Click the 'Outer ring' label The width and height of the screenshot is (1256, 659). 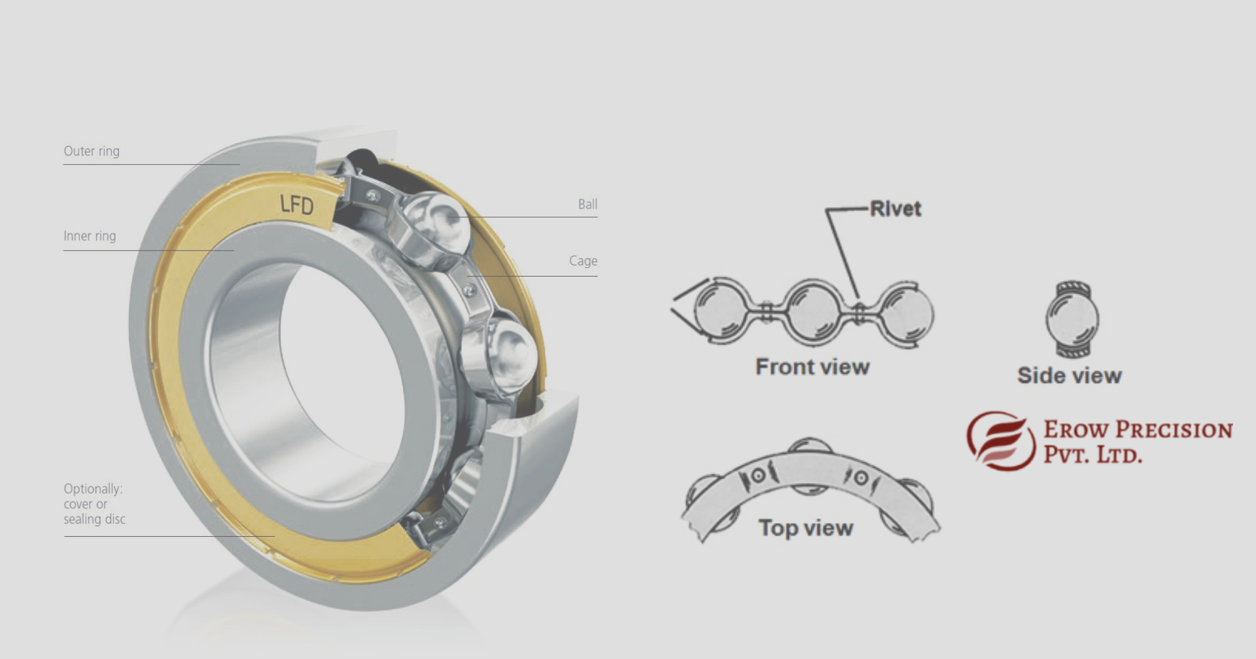coord(92,151)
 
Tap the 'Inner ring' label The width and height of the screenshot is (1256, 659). coord(90,236)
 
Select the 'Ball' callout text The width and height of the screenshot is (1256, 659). coord(587,204)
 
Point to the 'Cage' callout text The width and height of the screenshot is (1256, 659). coord(583,261)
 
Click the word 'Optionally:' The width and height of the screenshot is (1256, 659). coord(93,489)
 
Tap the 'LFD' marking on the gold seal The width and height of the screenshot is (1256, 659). coord(297,205)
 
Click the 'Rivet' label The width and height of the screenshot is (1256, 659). coord(895,209)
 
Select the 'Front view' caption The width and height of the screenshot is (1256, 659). coord(812,367)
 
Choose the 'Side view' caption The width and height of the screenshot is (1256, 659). coord(1070,375)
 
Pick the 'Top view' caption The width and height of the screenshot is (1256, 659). coord(806,528)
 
